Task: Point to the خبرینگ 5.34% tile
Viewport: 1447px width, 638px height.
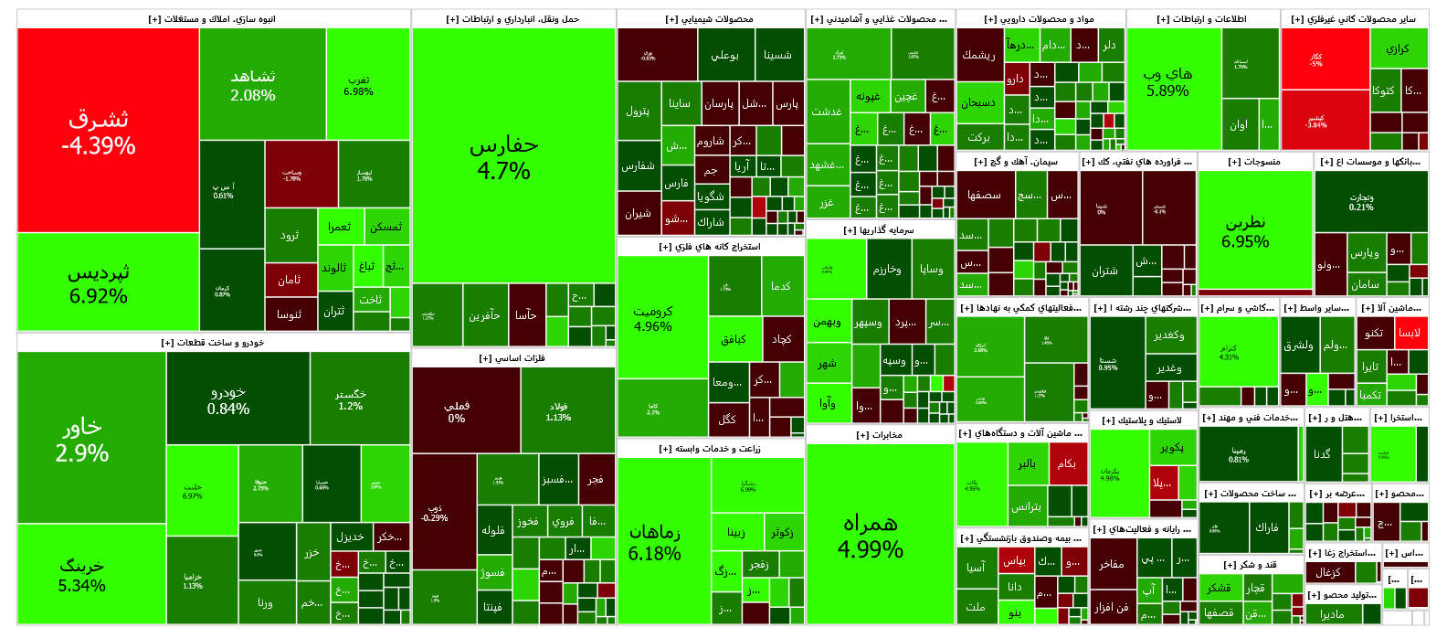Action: click(82, 574)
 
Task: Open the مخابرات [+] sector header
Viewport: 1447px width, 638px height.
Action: click(880, 435)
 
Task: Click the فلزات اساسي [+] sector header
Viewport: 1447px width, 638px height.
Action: click(512, 358)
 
